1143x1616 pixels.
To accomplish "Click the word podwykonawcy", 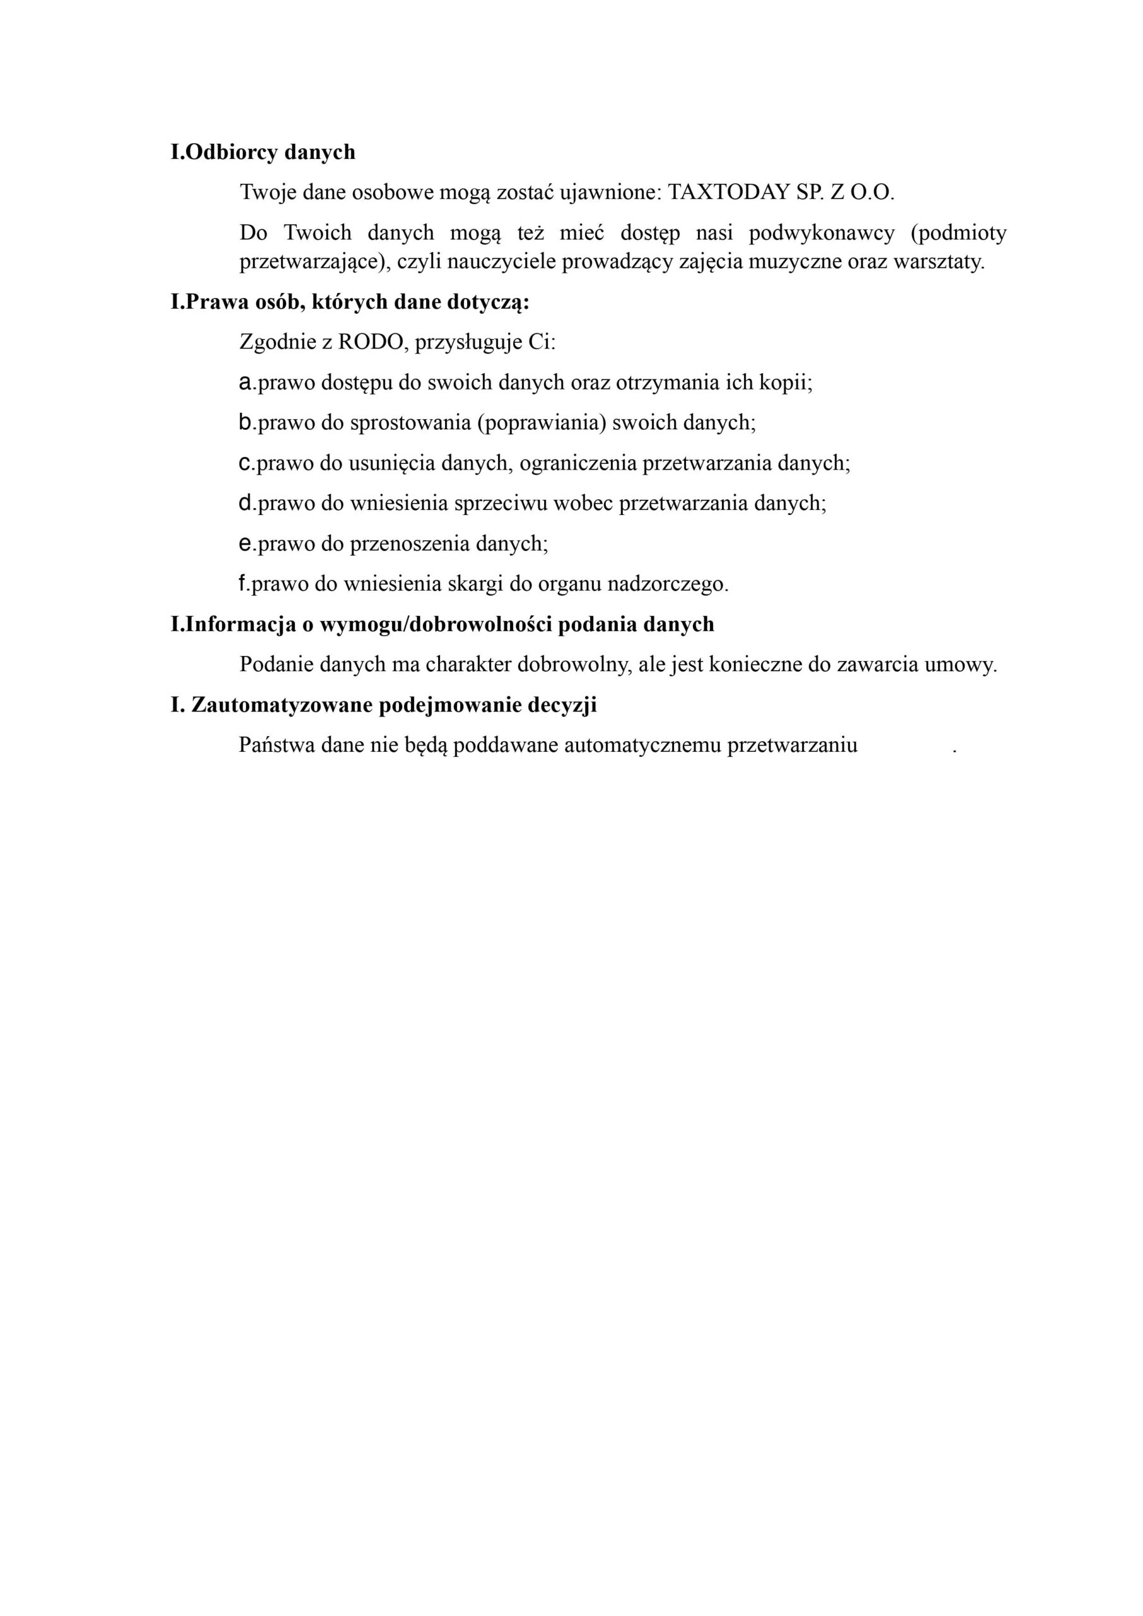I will [x=821, y=232].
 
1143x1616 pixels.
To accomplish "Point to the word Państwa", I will [x=276, y=746].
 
